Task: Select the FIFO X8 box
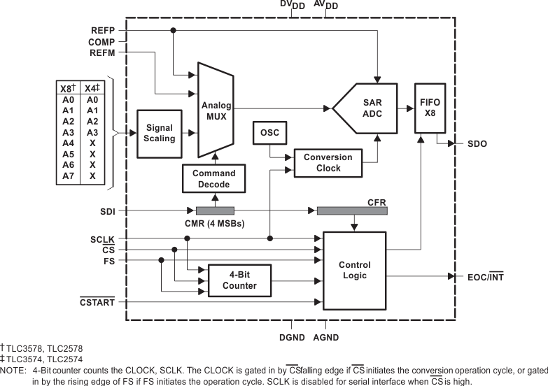click(430, 108)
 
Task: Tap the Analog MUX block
click(216, 110)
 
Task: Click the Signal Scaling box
click(159, 132)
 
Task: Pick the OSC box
click(269, 132)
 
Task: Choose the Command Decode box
click(214, 178)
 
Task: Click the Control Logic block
click(354, 270)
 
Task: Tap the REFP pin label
click(104, 31)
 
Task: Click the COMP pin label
click(102, 42)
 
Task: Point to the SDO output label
click(477, 144)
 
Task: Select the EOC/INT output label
click(485, 277)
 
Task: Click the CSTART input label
click(98, 302)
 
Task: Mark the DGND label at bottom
click(291, 337)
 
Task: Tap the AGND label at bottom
click(325, 337)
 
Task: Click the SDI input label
click(108, 210)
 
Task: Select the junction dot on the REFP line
click(173, 31)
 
